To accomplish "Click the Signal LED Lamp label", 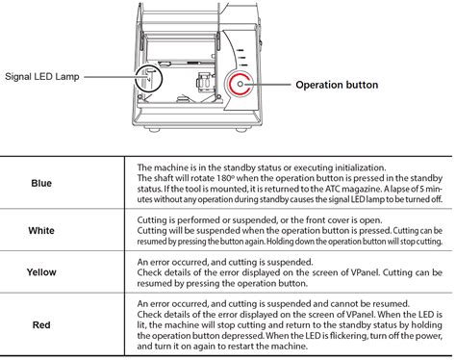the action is tap(42, 77).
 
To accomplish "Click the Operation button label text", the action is tap(337, 85).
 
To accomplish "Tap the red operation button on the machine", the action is tap(241, 84).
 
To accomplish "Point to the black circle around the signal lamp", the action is tap(136, 79).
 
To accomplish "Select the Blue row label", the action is tap(41, 183).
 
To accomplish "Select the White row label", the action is tap(41, 230).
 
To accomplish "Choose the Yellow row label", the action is tap(41, 272).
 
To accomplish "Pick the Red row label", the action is tap(41, 325).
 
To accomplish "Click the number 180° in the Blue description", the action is tap(225, 178).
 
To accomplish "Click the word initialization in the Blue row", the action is tap(360, 167).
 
